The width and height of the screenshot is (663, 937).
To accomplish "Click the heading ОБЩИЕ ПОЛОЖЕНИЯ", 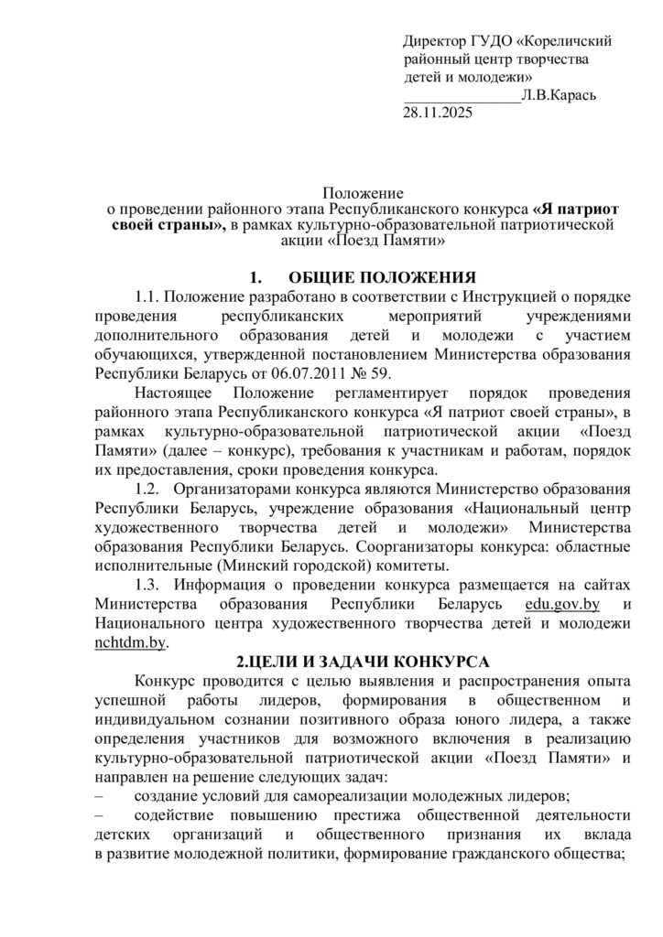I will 383,277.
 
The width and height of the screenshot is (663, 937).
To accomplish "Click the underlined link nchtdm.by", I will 130,643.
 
